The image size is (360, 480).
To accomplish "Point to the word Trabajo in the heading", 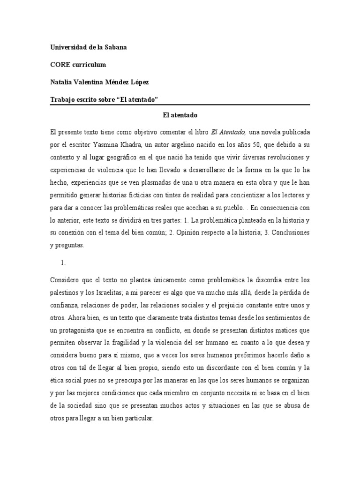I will coord(62,99).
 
